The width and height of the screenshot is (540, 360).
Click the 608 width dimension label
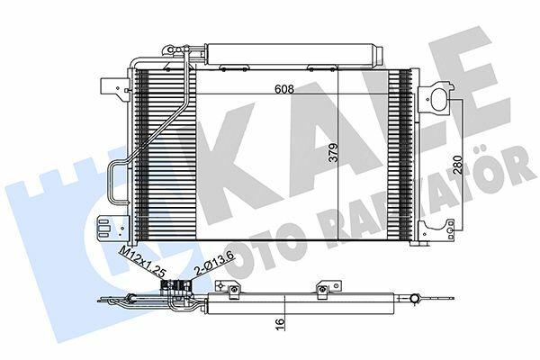click(284, 89)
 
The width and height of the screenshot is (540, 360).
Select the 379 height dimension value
click(333, 152)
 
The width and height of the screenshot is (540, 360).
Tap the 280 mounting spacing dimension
click(457, 165)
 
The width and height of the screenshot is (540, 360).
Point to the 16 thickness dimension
click(281, 323)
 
